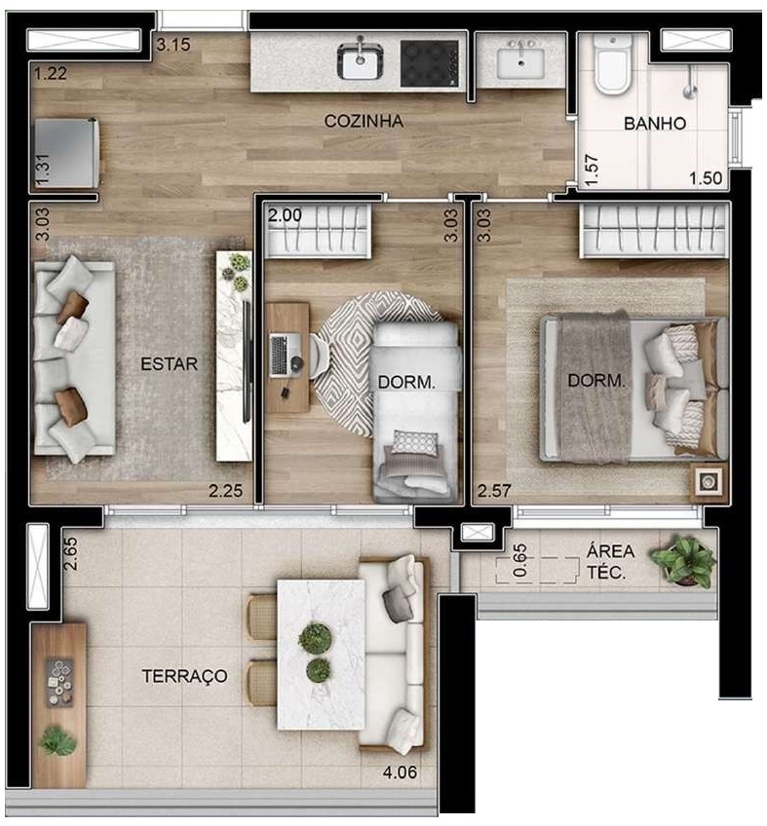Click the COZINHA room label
364,122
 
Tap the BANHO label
655,124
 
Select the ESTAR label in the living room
170,364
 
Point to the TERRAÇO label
184,675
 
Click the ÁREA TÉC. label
613,562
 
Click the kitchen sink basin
361,61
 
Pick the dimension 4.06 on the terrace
403,776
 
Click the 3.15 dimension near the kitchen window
173,44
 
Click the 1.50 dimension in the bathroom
705,178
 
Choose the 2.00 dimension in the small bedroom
285,215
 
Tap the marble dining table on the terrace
321,653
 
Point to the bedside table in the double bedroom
709,480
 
